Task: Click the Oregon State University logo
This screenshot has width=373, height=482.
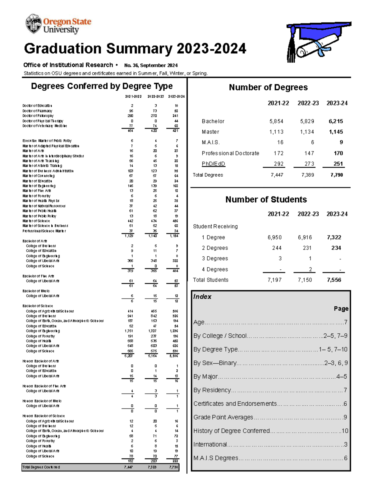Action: tap(58, 24)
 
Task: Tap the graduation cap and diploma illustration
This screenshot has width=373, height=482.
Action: tap(317, 42)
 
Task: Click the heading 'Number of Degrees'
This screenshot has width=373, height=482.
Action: tap(268, 88)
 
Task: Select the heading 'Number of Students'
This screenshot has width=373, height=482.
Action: tap(266, 200)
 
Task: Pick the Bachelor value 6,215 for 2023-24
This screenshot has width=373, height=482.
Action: tap(336, 121)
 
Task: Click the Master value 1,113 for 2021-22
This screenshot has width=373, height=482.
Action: tap(276, 132)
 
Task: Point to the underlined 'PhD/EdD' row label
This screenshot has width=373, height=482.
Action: tap(213, 164)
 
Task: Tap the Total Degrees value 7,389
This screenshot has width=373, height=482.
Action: tap(308, 175)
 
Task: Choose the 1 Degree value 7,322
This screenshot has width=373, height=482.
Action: tap(334, 237)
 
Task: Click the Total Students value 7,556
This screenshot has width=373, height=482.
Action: tap(334, 280)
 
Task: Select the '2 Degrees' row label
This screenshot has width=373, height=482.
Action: tap(215, 248)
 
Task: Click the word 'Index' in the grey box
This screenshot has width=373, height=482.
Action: tap(202, 297)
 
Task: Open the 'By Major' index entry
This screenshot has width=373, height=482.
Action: tap(205, 376)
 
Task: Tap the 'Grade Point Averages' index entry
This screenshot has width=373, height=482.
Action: tap(223, 417)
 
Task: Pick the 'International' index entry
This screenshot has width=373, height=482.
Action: tap(210, 444)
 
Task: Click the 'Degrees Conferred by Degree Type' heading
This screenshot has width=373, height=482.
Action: tap(102, 86)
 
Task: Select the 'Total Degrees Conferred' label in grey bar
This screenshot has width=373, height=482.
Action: tap(41, 467)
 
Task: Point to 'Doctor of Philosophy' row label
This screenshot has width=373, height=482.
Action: tap(38, 116)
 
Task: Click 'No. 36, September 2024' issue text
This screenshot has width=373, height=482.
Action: tap(151, 65)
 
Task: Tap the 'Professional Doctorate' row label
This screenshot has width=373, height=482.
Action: tap(230, 153)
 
